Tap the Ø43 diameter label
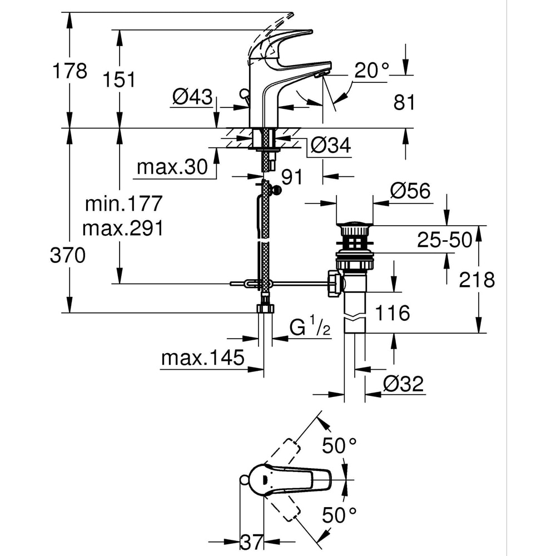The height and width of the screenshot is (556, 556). point(192,98)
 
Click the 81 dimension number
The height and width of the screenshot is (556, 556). point(404,102)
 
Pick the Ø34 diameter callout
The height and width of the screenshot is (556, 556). point(330,146)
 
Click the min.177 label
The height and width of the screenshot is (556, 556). point(123,203)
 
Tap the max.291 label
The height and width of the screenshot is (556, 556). point(123,228)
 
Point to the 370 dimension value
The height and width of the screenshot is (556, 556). point(68,256)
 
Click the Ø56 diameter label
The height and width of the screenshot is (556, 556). point(410,191)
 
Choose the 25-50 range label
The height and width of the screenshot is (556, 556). point(445,240)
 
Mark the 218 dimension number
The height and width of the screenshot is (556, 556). point(476,280)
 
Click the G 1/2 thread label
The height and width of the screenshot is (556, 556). point(310,327)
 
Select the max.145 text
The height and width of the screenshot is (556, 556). point(203,358)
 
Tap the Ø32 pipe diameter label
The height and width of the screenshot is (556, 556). point(403,384)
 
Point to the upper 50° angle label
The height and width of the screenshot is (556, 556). point(339,445)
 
